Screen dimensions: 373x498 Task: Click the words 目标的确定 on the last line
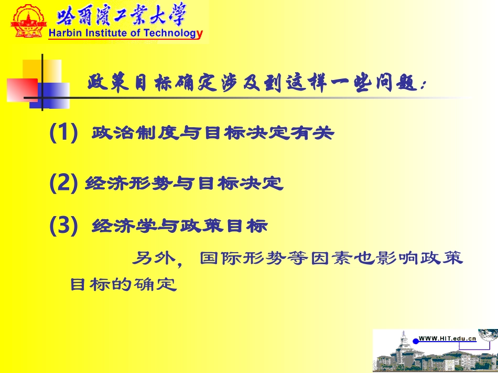point(124,285)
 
